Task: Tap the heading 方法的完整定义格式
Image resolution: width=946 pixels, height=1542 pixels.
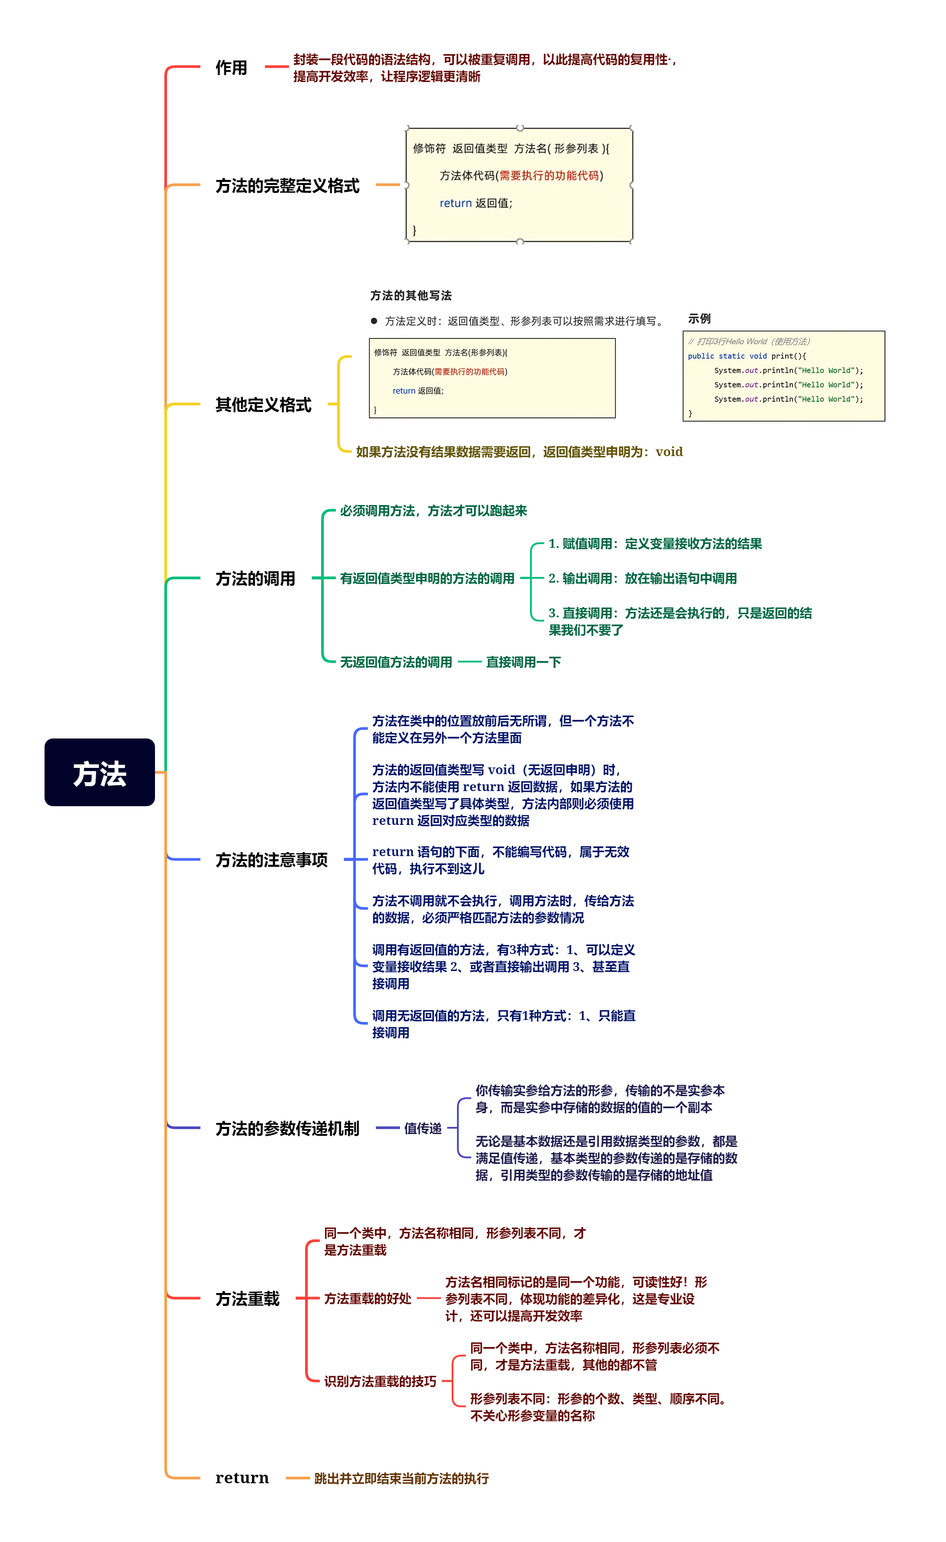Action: pos(287,186)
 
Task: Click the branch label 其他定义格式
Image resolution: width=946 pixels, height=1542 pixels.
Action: pos(263,405)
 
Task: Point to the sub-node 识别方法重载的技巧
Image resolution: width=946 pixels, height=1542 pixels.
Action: pos(380,1381)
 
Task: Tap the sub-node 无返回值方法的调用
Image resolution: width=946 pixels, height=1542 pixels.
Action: pos(396,662)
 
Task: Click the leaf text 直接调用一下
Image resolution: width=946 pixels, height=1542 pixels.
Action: pos(523,662)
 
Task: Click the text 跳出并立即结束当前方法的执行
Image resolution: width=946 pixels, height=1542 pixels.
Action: pos(401,1478)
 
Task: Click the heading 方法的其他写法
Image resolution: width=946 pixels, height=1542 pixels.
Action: pos(411,295)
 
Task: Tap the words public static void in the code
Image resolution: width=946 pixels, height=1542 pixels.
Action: pos(726,356)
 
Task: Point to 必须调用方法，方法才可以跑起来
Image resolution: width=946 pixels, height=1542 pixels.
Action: pos(433,511)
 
